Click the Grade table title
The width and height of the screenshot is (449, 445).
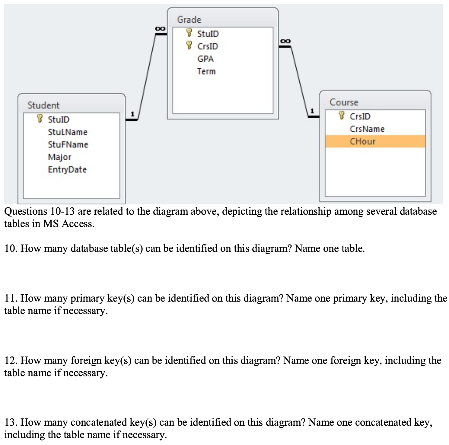point(189,20)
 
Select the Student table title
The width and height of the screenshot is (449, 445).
point(43,105)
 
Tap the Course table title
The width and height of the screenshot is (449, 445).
point(344,102)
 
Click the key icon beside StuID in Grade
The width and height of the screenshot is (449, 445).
point(189,33)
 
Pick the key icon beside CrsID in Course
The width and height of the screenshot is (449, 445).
point(342,115)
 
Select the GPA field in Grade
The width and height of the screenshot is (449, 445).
point(205,59)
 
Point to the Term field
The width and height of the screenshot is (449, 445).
point(206,71)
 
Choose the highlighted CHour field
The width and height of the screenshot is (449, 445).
point(363,141)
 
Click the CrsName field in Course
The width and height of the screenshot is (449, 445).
point(367,129)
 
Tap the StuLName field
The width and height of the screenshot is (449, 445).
point(68,132)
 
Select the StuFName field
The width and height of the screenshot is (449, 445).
point(68,145)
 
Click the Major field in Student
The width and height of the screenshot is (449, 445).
point(59,157)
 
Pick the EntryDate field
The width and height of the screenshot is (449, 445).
point(67,169)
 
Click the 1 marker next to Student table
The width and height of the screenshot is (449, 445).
point(132,114)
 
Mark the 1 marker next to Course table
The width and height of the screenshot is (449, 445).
point(313,111)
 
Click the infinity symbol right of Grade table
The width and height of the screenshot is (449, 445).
point(285,41)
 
